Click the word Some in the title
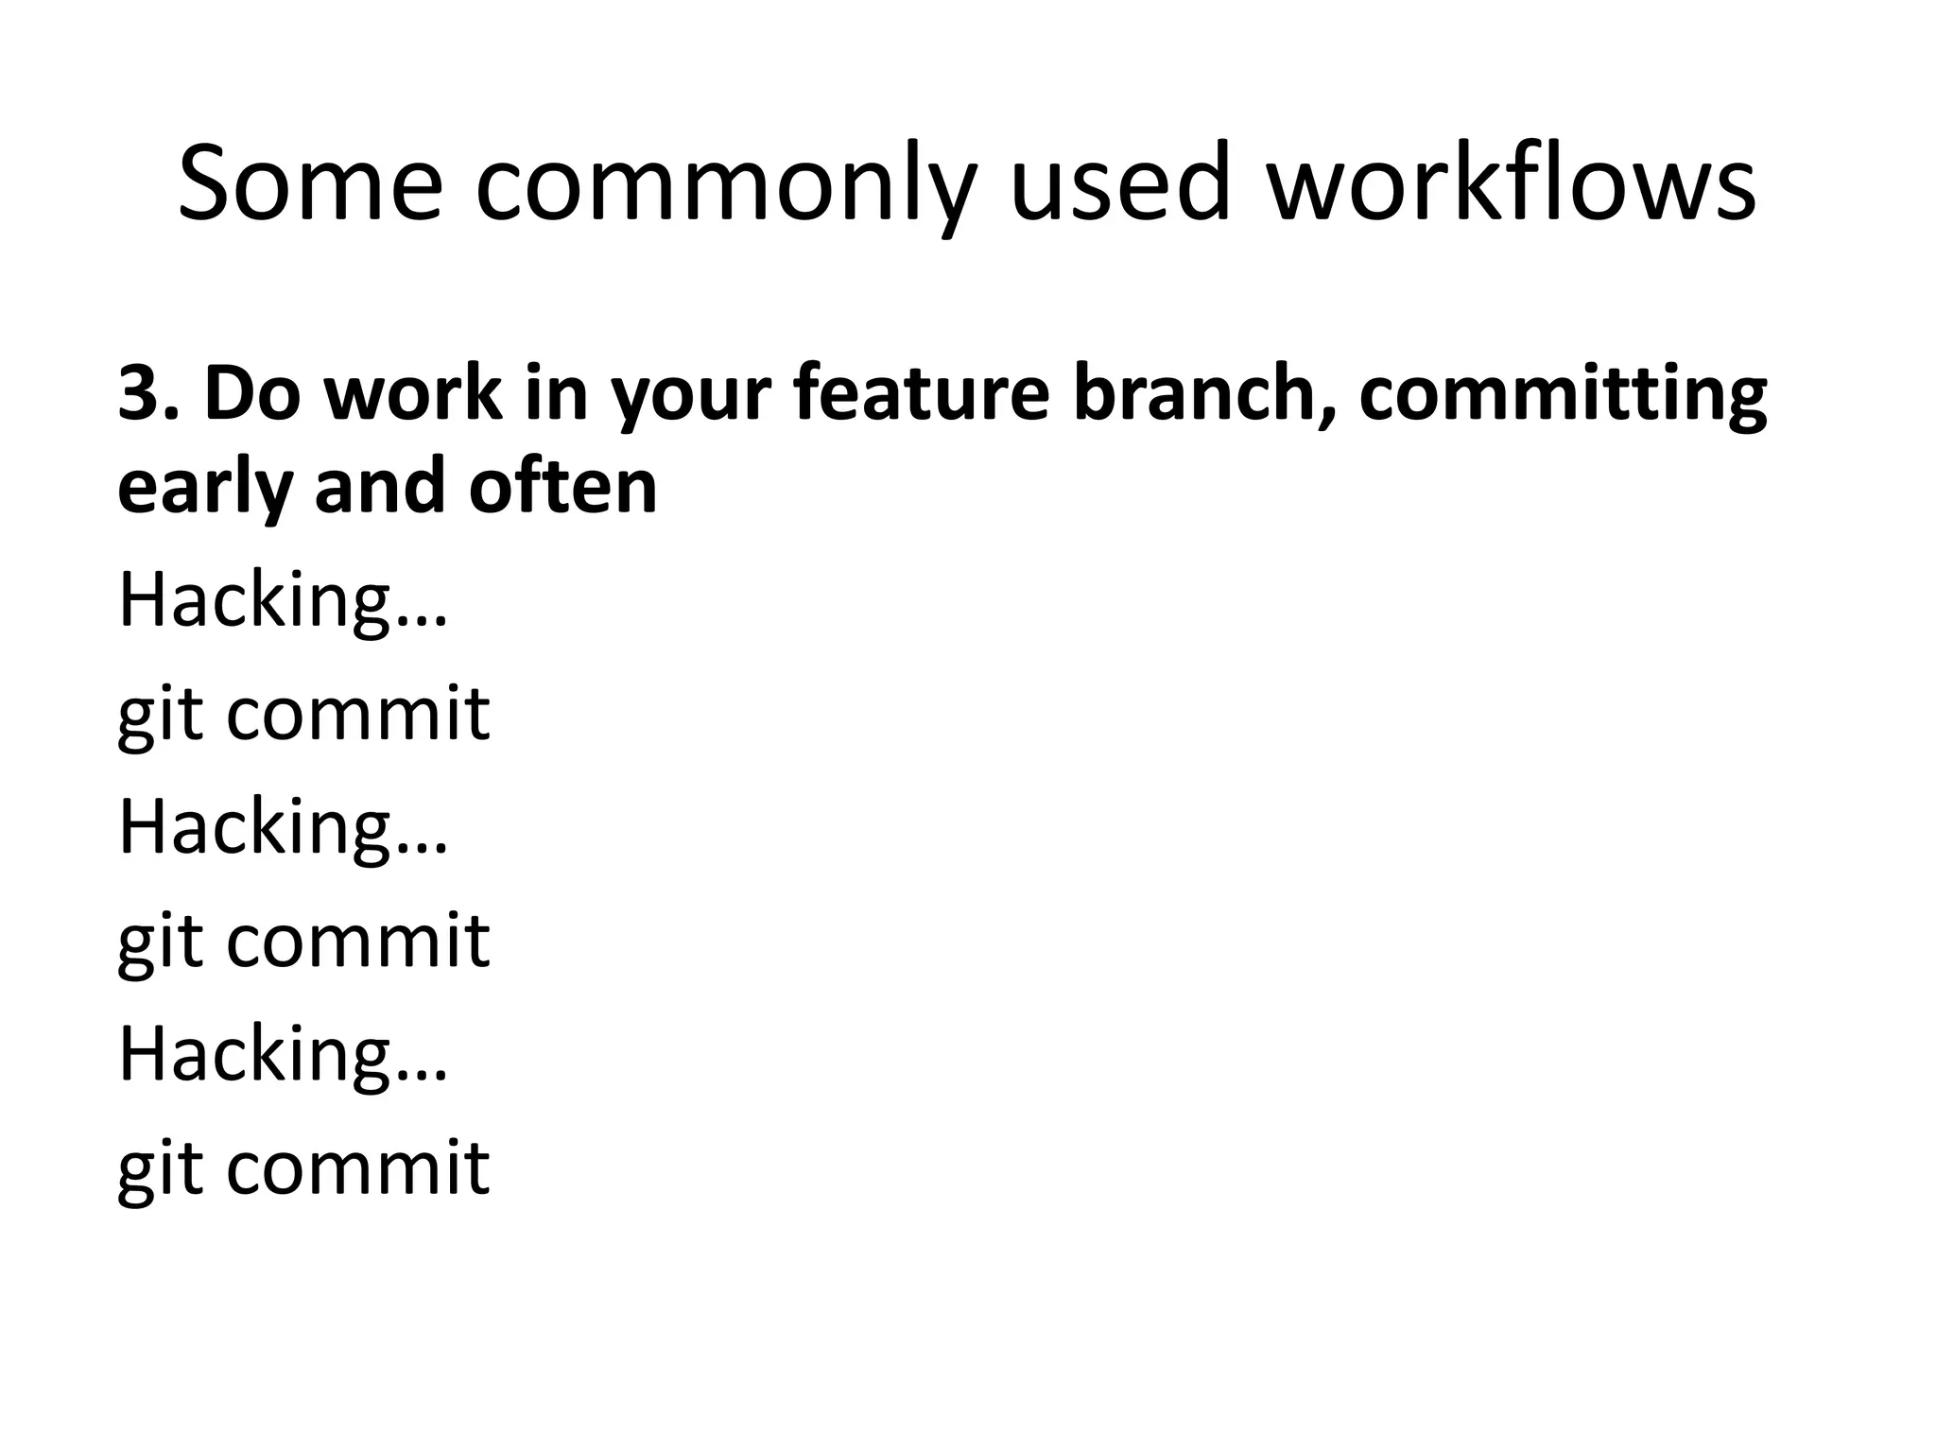[310, 184]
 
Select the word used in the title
[1121, 184]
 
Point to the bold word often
[562, 486]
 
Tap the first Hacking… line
[282, 601]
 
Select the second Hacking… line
[282, 828]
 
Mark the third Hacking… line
[282, 1055]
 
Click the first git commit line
[303, 715]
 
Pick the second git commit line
[303, 942]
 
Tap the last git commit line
[303, 1168]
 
